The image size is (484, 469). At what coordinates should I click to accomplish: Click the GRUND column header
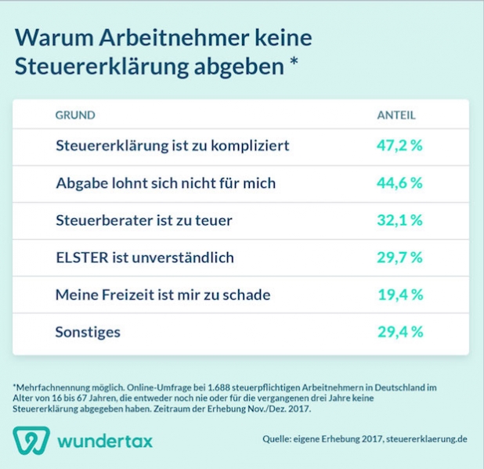pos(74,115)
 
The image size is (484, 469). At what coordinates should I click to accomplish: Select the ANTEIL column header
pos(396,115)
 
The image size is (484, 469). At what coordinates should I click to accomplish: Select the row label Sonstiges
pos(88,332)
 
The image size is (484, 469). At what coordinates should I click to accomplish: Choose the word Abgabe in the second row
pos(83,182)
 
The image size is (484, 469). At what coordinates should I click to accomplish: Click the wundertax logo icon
pos(31,440)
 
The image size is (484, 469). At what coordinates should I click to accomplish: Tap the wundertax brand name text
pos(105,441)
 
